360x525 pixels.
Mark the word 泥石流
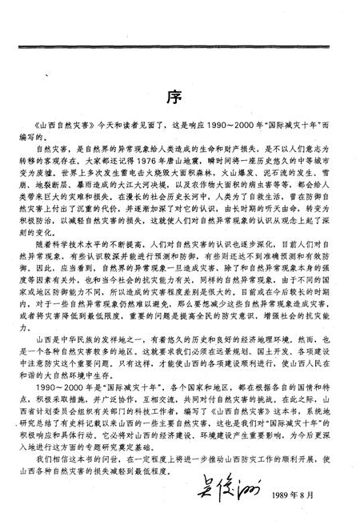point(277,189)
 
